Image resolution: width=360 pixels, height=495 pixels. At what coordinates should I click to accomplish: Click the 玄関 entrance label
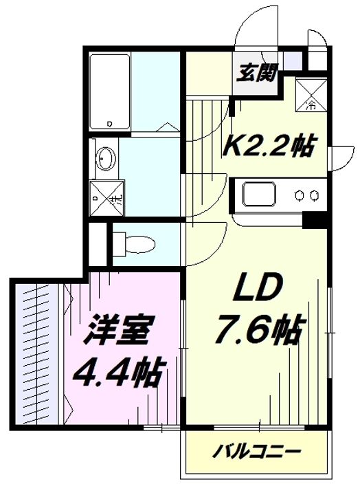257,73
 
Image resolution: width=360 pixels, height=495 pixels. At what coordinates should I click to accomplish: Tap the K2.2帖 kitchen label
269,146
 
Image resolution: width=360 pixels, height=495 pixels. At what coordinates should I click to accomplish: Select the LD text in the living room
256,287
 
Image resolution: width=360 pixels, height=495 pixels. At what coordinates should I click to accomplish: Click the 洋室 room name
117,329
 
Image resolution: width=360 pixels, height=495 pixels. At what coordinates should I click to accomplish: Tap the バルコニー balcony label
256,452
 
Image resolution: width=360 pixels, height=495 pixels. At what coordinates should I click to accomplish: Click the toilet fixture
134,243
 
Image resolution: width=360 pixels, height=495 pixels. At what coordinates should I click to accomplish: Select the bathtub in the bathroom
109,92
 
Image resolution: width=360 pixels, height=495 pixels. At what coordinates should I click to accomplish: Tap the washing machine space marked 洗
107,198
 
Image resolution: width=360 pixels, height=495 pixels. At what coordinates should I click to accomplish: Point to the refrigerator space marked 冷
311,94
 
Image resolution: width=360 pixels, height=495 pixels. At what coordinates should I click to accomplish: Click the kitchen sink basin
259,193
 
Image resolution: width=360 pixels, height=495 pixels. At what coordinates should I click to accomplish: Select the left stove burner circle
299,196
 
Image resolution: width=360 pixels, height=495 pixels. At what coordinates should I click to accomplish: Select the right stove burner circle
313,196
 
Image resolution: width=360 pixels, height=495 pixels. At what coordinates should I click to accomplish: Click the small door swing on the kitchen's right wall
340,159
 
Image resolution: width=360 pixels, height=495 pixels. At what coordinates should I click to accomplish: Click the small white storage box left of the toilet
98,244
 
